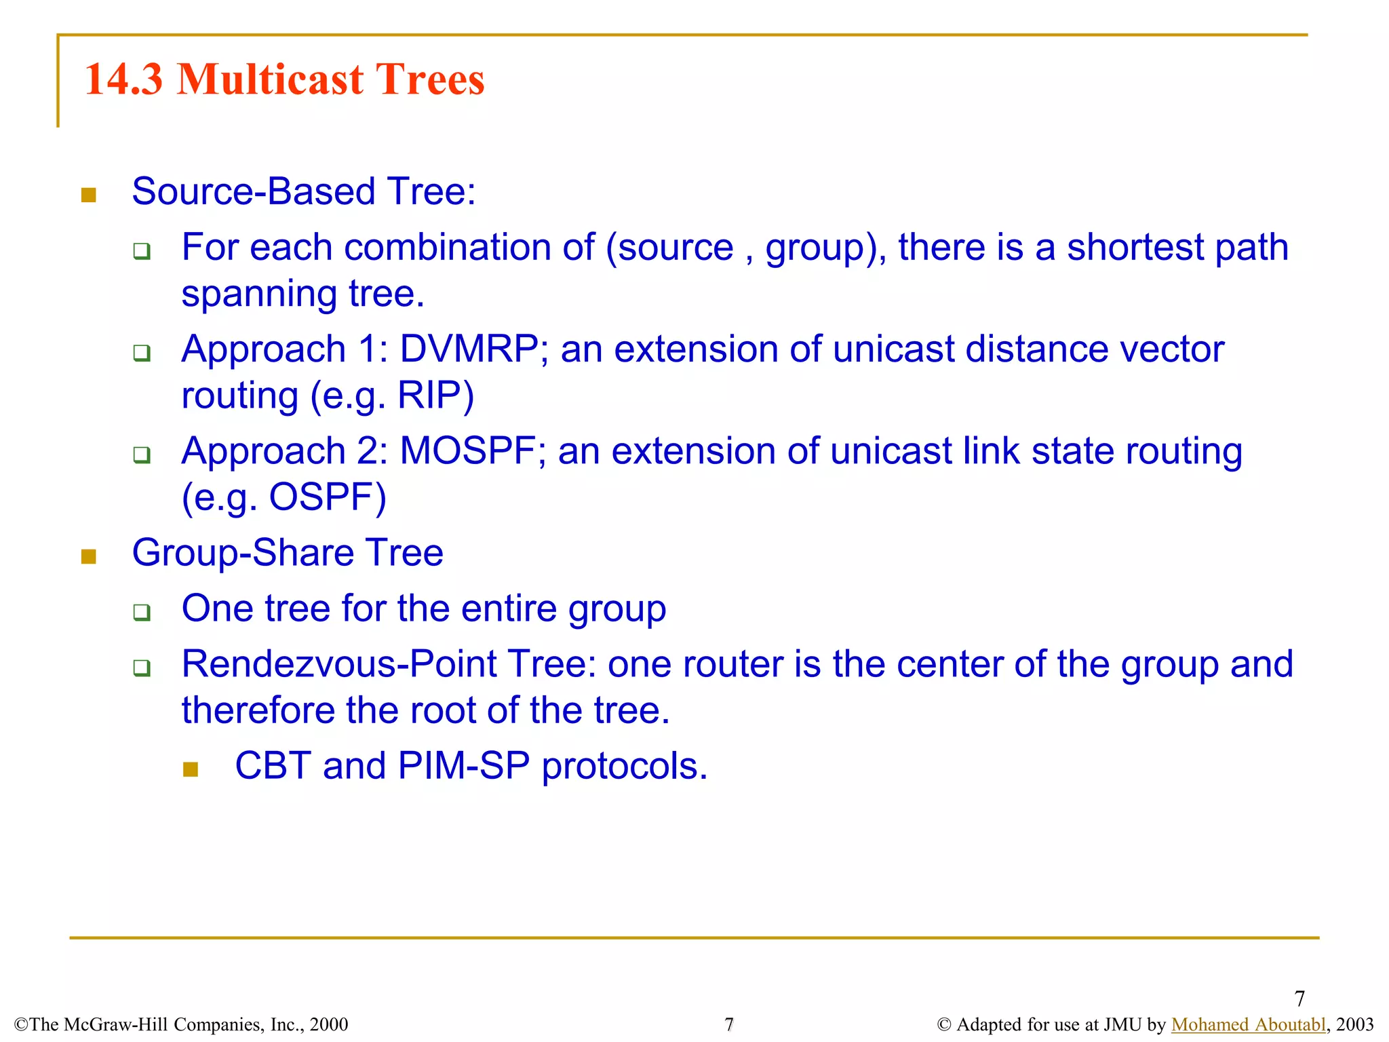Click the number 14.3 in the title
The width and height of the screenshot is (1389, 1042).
pos(123,79)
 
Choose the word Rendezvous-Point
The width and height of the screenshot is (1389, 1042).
pos(339,664)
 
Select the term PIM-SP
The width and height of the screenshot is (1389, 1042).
pos(464,766)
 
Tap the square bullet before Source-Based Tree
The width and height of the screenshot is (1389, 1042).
pos(89,196)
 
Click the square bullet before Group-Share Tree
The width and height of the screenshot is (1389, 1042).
pos(89,557)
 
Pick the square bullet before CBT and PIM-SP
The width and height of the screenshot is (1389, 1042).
pos(191,769)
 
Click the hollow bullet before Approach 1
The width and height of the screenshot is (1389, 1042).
pos(142,353)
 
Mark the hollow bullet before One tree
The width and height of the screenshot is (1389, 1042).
pos(142,612)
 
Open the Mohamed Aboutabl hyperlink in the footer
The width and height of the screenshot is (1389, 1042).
pos(1248,1024)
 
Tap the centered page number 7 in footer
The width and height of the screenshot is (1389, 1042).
pos(729,1024)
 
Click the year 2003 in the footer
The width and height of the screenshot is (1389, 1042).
pos(1354,1024)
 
